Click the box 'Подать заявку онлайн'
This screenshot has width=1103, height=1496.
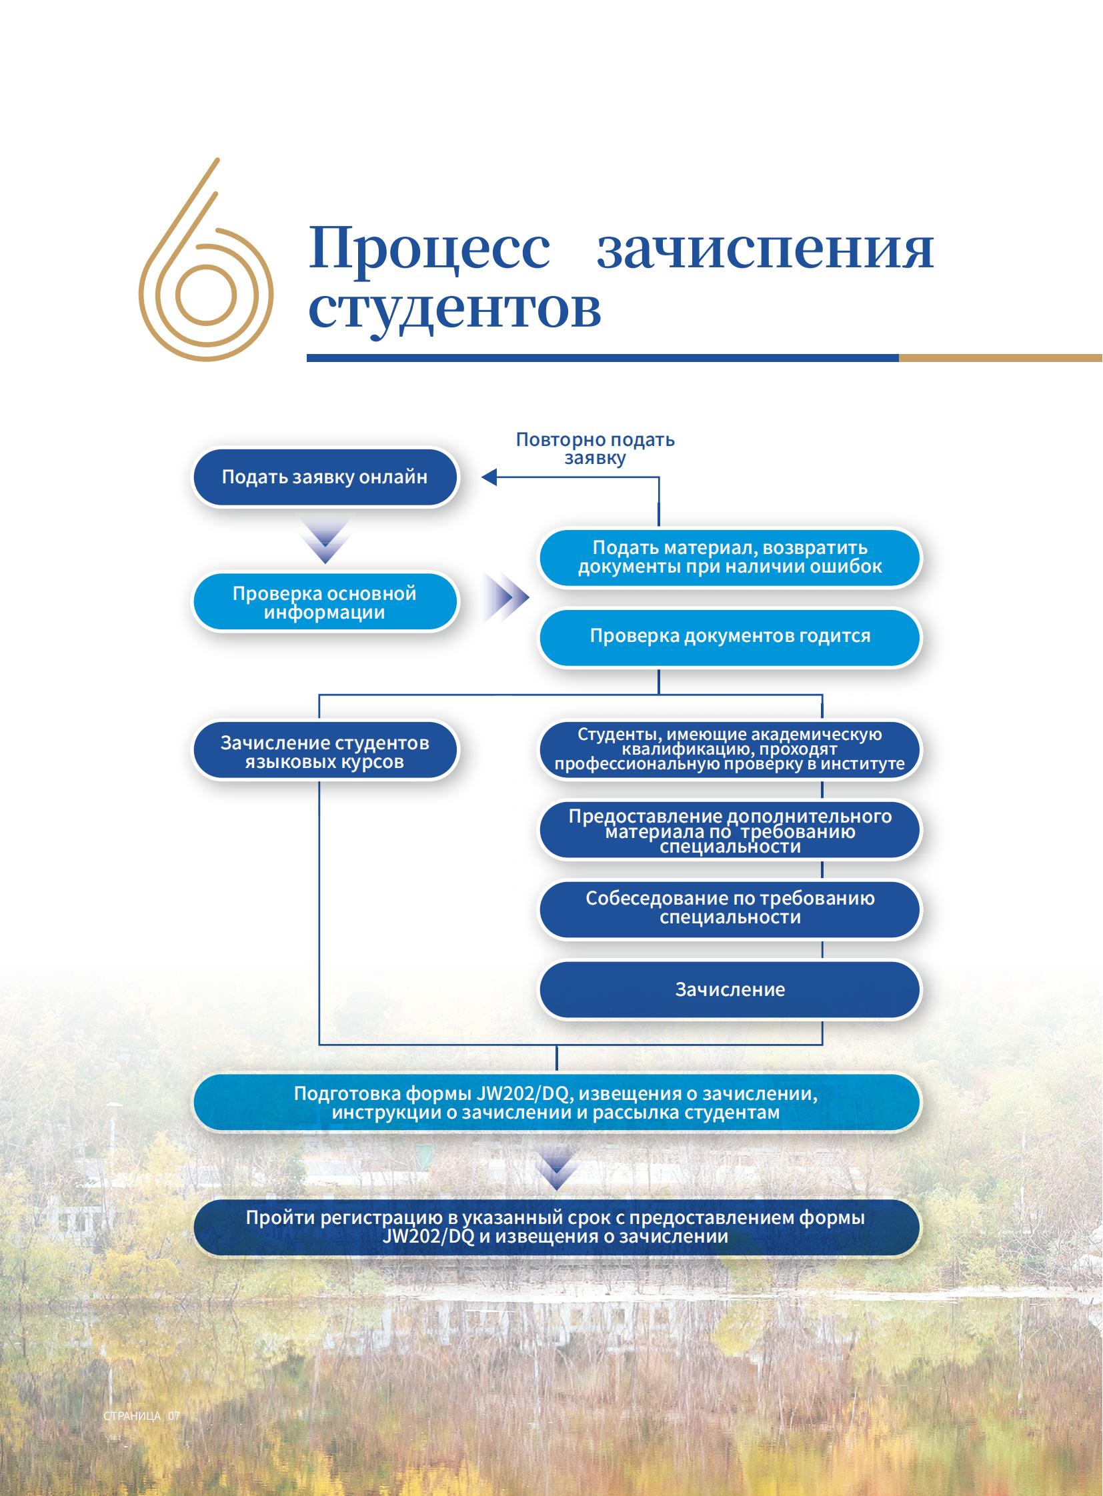[x=325, y=477]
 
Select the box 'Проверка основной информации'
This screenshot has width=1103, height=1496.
[x=325, y=602]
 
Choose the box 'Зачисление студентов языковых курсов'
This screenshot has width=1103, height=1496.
[x=325, y=751]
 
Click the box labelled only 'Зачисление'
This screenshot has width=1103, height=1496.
[x=730, y=989]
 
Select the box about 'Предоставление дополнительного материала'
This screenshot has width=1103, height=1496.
[x=730, y=830]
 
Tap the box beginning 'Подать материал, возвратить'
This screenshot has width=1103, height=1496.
[x=730, y=558]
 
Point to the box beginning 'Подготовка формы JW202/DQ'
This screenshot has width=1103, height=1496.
[x=557, y=1102]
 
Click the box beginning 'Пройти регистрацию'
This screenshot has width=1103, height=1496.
[x=557, y=1227]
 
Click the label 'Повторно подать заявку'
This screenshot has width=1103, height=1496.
[x=595, y=449]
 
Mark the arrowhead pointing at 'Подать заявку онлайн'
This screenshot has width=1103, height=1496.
[x=489, y=477]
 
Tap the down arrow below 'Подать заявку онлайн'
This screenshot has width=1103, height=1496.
[x=325, y=541]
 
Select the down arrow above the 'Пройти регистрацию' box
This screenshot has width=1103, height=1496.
[x=557, y=1167]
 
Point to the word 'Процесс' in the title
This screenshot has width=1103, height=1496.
[x=430, y=247]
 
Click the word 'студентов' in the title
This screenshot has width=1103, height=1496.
[x=455, y=309]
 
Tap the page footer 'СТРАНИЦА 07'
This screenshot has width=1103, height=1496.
[x=141, y=1416]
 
